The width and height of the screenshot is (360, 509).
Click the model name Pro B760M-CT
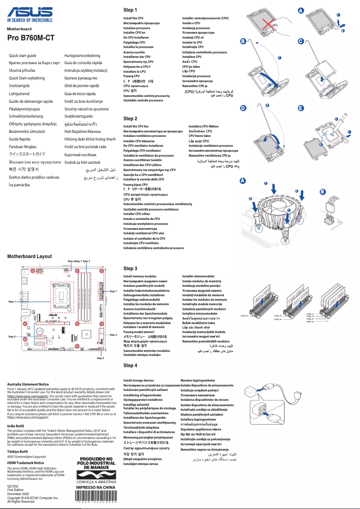pos(31,39)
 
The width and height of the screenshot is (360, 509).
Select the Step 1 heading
pos(130,10)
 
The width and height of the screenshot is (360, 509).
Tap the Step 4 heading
pos(130,365)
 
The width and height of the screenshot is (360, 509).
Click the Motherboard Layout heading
pos(30,256)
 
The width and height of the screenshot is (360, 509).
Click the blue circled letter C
pos(301,41)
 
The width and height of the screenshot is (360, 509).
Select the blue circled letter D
pos(243,108)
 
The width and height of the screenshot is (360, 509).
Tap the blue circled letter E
pos(301,108)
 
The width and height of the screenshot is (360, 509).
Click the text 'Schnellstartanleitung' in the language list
pos(28,116)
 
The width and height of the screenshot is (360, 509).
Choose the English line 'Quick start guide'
pos(23,55)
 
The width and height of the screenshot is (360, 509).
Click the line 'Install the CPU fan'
pos(136,127)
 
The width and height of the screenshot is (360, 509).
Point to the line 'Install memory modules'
pos(140,276)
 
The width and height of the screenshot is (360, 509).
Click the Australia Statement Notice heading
pos(28,384)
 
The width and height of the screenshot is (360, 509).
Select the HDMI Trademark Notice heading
pos(26,462)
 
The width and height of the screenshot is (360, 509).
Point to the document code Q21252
pos(13,487)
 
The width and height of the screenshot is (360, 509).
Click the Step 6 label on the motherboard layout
pos(101,358)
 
